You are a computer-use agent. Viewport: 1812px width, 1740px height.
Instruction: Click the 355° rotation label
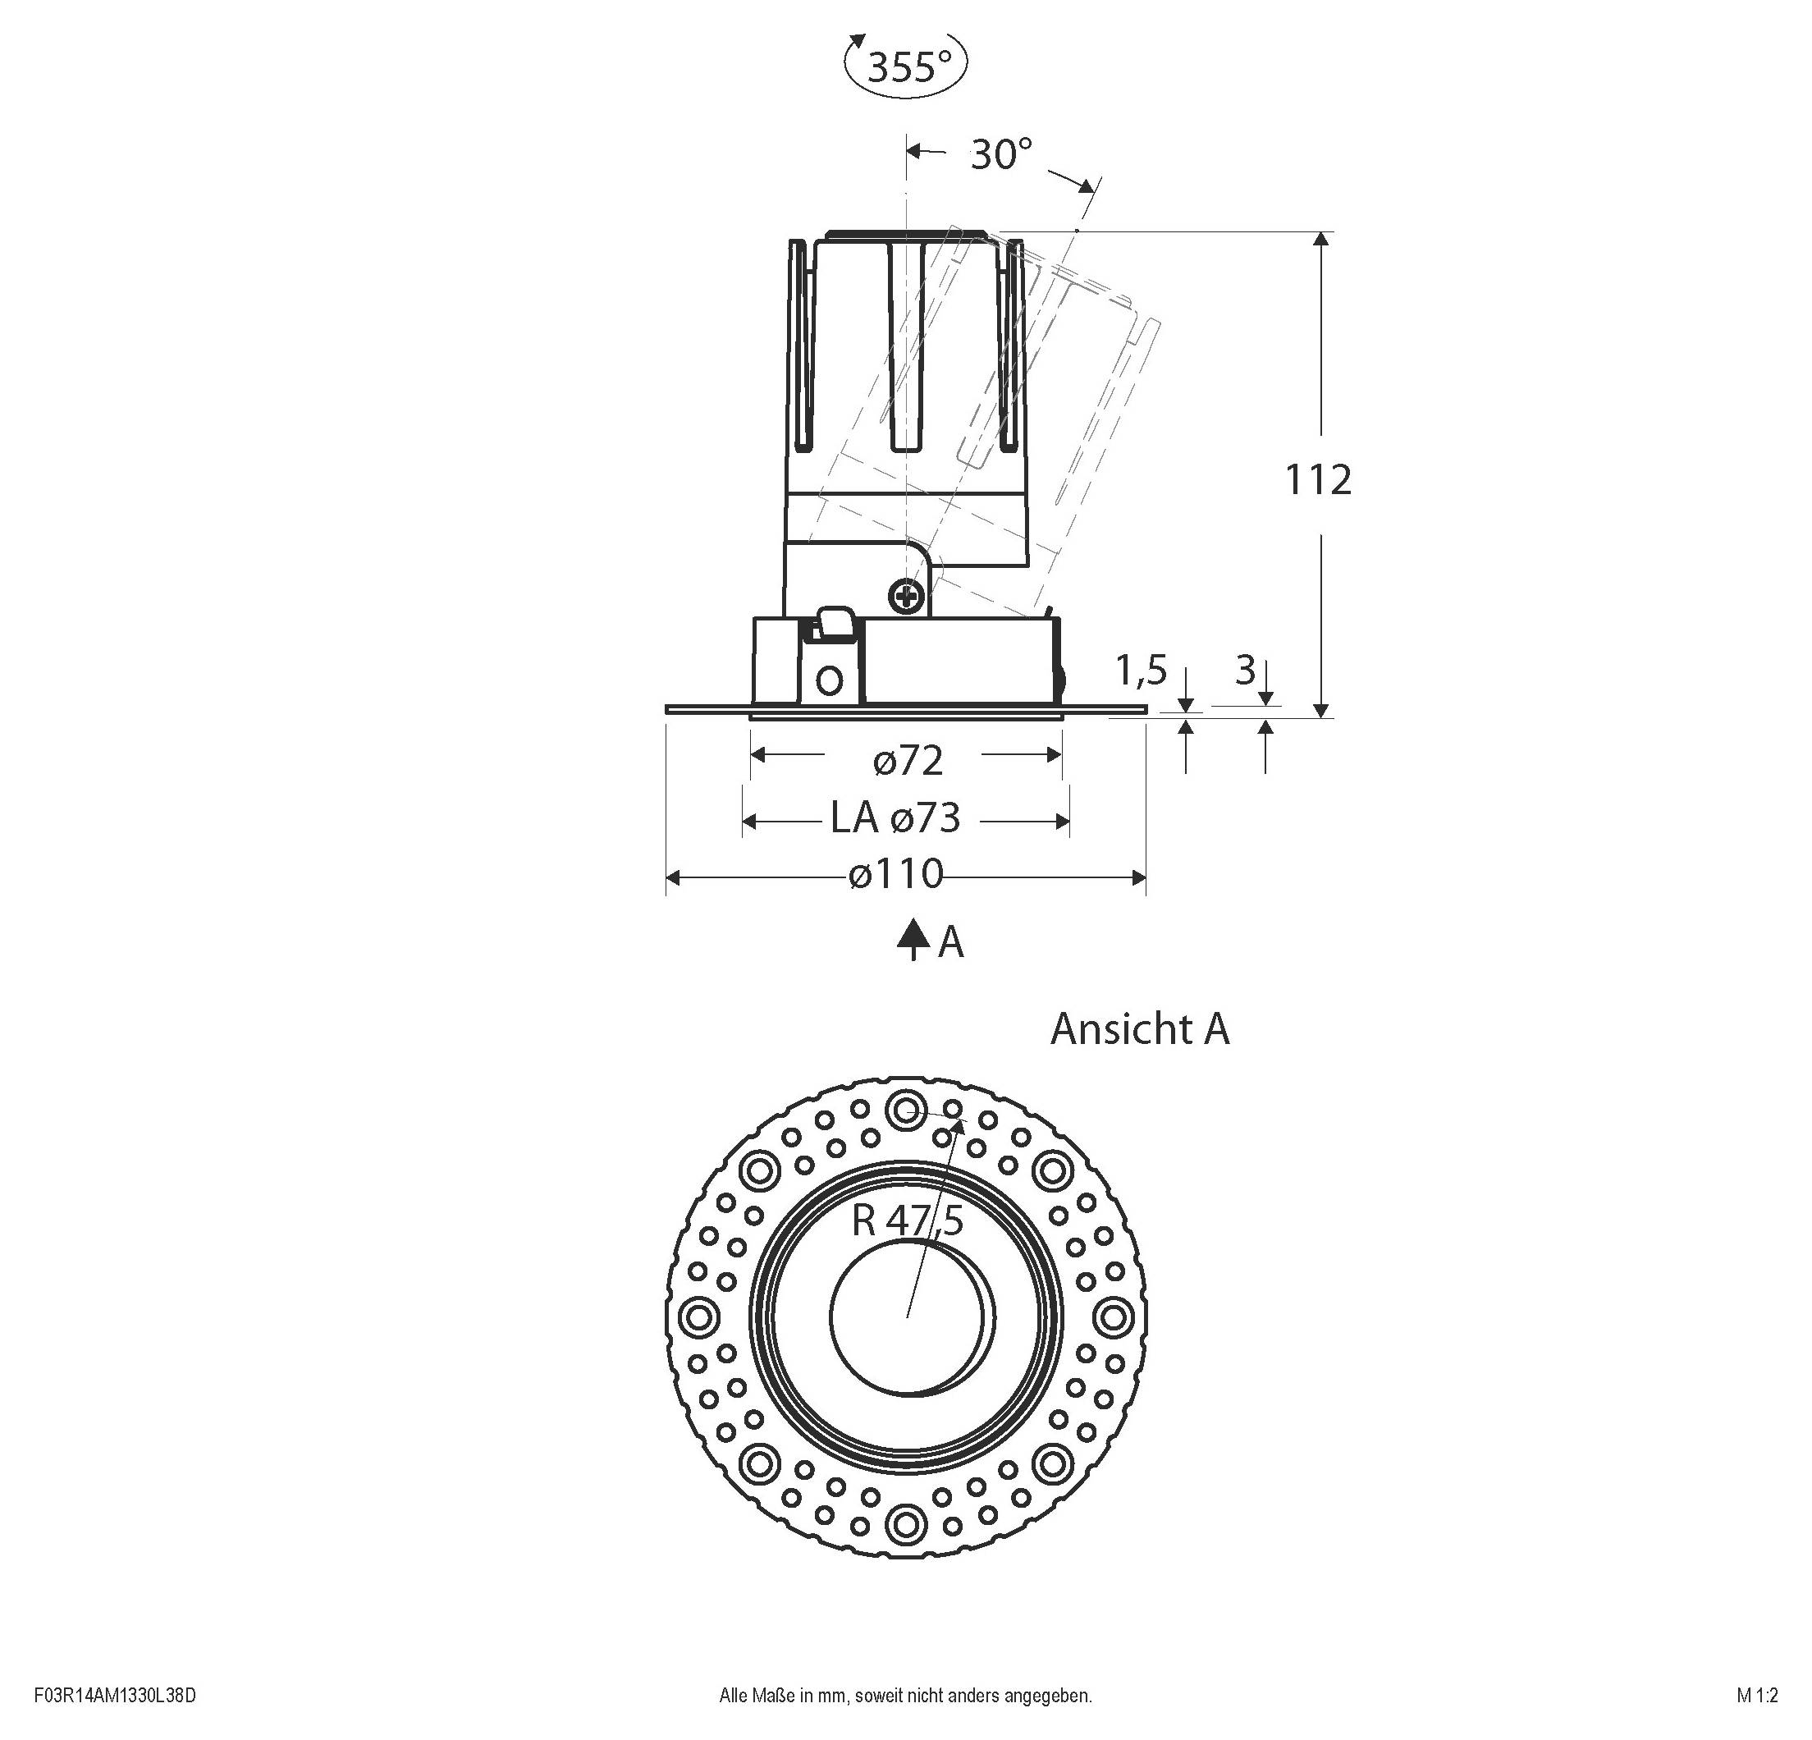point(908,67)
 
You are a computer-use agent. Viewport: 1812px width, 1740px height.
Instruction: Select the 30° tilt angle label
point(1000,153)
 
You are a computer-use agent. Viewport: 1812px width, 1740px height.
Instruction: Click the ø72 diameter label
point(908,761)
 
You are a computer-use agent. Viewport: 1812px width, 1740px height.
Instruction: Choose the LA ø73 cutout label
point(895,818)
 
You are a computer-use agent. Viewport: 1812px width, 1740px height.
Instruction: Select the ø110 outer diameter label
point(896,875)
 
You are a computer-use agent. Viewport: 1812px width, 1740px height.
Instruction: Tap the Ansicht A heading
point(1139,1029)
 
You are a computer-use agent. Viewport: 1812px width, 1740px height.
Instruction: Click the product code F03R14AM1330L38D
point(115,1696)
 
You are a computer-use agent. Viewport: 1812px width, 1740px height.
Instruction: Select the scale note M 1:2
point(1756,1696)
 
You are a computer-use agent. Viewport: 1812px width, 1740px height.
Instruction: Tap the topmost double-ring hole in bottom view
point(905,1110)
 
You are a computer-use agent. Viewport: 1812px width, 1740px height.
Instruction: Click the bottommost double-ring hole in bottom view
point(905,1522)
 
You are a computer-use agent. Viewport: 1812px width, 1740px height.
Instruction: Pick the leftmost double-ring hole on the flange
point(698,1315)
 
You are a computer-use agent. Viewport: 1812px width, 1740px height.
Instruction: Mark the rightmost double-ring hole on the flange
point(1112,1315)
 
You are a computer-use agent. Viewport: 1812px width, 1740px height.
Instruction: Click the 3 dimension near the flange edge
point(1245,671)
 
